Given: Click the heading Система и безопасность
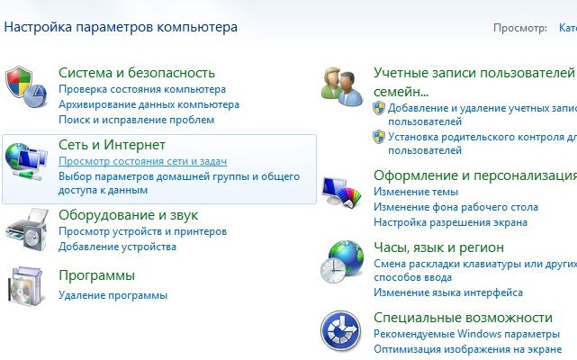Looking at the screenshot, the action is pyautogui.click(x=137, y=73).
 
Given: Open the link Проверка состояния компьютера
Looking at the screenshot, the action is pyautogui.click(x=142, y=89).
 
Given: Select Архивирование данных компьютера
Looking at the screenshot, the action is pyautogui.click(x=149, y=104).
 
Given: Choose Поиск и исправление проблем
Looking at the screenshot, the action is pyautogui.click(x=137, y=120).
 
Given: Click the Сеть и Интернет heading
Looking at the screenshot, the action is pyautogui.click(x=112, y=145).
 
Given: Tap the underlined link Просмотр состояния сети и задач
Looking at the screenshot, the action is pyautogui.click(x=143, y=161).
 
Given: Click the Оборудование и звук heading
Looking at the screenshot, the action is pyautogui.click(x=129, y=215).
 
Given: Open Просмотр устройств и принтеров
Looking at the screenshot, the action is pyautogui.click(x=143, y=231).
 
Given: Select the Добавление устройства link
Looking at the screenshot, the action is pyautogui.click(x=117, y=247).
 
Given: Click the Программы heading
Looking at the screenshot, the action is pyautogui.click(x=97, y=275).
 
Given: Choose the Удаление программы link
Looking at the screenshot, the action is pyautogui.click(x=113, y=295).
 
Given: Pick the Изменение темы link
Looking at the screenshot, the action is pyautogui.click(x=416, y=192).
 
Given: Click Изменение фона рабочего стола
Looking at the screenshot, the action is pyautogui.click(x=456, y=207).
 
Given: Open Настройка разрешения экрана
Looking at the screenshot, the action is pyautogui.click(x=450, y=222).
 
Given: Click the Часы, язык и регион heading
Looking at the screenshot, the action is pyautogui.click(x=438, y=247).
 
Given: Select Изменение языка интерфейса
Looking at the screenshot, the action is pyautogui.click(x=448, y=292).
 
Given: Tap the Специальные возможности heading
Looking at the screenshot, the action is pyautogui.click(x=463, y=318).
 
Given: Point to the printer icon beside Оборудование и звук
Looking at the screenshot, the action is pyautogui.click(x=27, y=229).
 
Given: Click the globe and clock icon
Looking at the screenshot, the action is pyautogui.click(x=342, y=262).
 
